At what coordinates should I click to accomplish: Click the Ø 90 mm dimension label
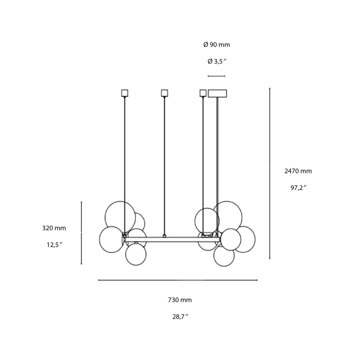point(216,45)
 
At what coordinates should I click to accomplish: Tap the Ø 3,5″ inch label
point(216,62)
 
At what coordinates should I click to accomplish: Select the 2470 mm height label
point(298,171)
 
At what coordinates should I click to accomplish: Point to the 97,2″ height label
point(298,188)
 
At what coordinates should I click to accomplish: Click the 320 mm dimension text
point(54,228)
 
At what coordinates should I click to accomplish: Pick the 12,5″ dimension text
point(54,245)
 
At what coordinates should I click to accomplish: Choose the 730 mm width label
point(180,300)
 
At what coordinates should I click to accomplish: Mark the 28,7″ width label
point(180,316)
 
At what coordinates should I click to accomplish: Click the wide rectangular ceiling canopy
point(217,94)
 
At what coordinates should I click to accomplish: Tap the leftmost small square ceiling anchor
point(125,93)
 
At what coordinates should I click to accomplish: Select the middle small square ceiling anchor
point(164,93)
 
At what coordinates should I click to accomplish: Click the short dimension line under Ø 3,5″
point(216,76)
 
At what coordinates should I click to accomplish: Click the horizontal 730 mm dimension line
point(178,280)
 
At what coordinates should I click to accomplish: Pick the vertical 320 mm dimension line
point(81,233)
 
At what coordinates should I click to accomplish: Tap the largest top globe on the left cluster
point(120,216)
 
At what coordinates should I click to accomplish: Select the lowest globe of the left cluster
point(136,254)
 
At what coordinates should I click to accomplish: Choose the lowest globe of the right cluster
point(224,256)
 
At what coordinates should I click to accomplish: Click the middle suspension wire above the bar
point(164,166)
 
